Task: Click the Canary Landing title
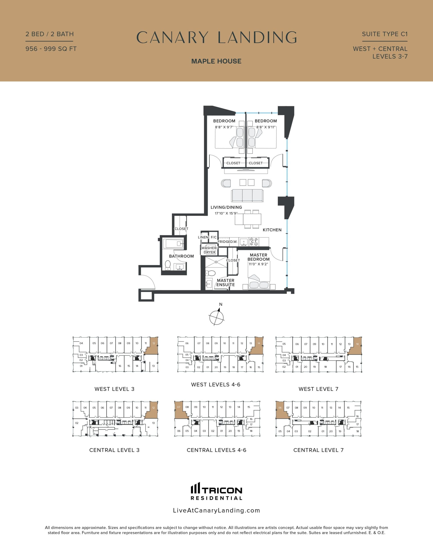(x=216, y=37)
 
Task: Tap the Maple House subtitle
(x=216, y=61)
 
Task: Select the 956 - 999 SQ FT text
(x=51, y=49)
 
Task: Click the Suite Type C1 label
(x=384, y=34)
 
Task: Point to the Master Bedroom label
(x=259, y=257)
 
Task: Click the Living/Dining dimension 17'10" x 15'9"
(x=226, y=213)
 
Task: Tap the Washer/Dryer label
(x=209, y=250)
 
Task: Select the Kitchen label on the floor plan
(x=272, y=230)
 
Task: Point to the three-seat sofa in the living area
(x=247, y=196)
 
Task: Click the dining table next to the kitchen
(x=248, y=219)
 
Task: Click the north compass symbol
(x=217, y=317)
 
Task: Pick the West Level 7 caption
(x=318, y=389)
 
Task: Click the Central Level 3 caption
(x=114, y=450)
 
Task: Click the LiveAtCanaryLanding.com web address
(x=216, y=510)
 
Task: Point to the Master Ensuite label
(x=225, y=283)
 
